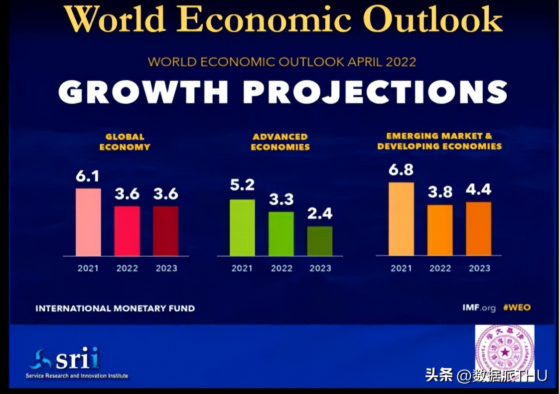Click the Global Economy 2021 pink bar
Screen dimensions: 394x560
tap(88, 222)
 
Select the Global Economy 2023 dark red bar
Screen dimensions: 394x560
tap(165, 231)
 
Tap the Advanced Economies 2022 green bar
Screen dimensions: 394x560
tap(281, 234)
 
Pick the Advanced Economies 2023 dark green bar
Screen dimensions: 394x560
tap(320, 241)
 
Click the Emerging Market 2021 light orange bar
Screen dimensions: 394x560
tap(401, 219)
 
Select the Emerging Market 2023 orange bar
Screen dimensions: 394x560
tap(479, 229)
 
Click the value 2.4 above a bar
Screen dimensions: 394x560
tap(320, 214)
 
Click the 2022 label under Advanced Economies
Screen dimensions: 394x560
tap(281, 269)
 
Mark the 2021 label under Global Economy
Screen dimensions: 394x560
tap(88, 269)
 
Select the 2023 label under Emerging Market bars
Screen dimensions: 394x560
tap(479, 269)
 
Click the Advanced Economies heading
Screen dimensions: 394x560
tap(280, 142)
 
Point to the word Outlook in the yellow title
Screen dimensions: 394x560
tap(432, 20)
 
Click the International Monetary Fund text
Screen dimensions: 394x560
tap(115, 308)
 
